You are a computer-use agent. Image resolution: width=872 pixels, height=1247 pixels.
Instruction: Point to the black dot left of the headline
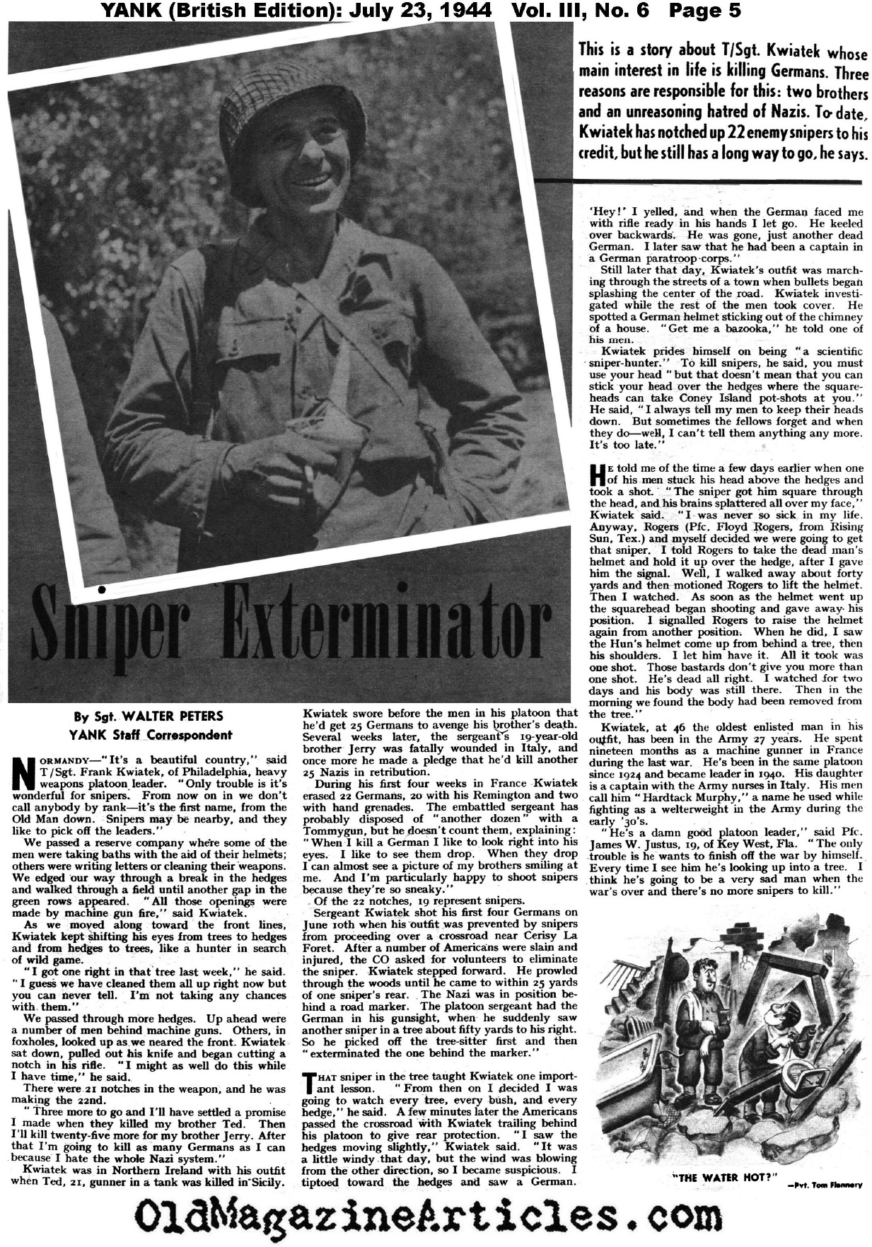pos(103,588)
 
